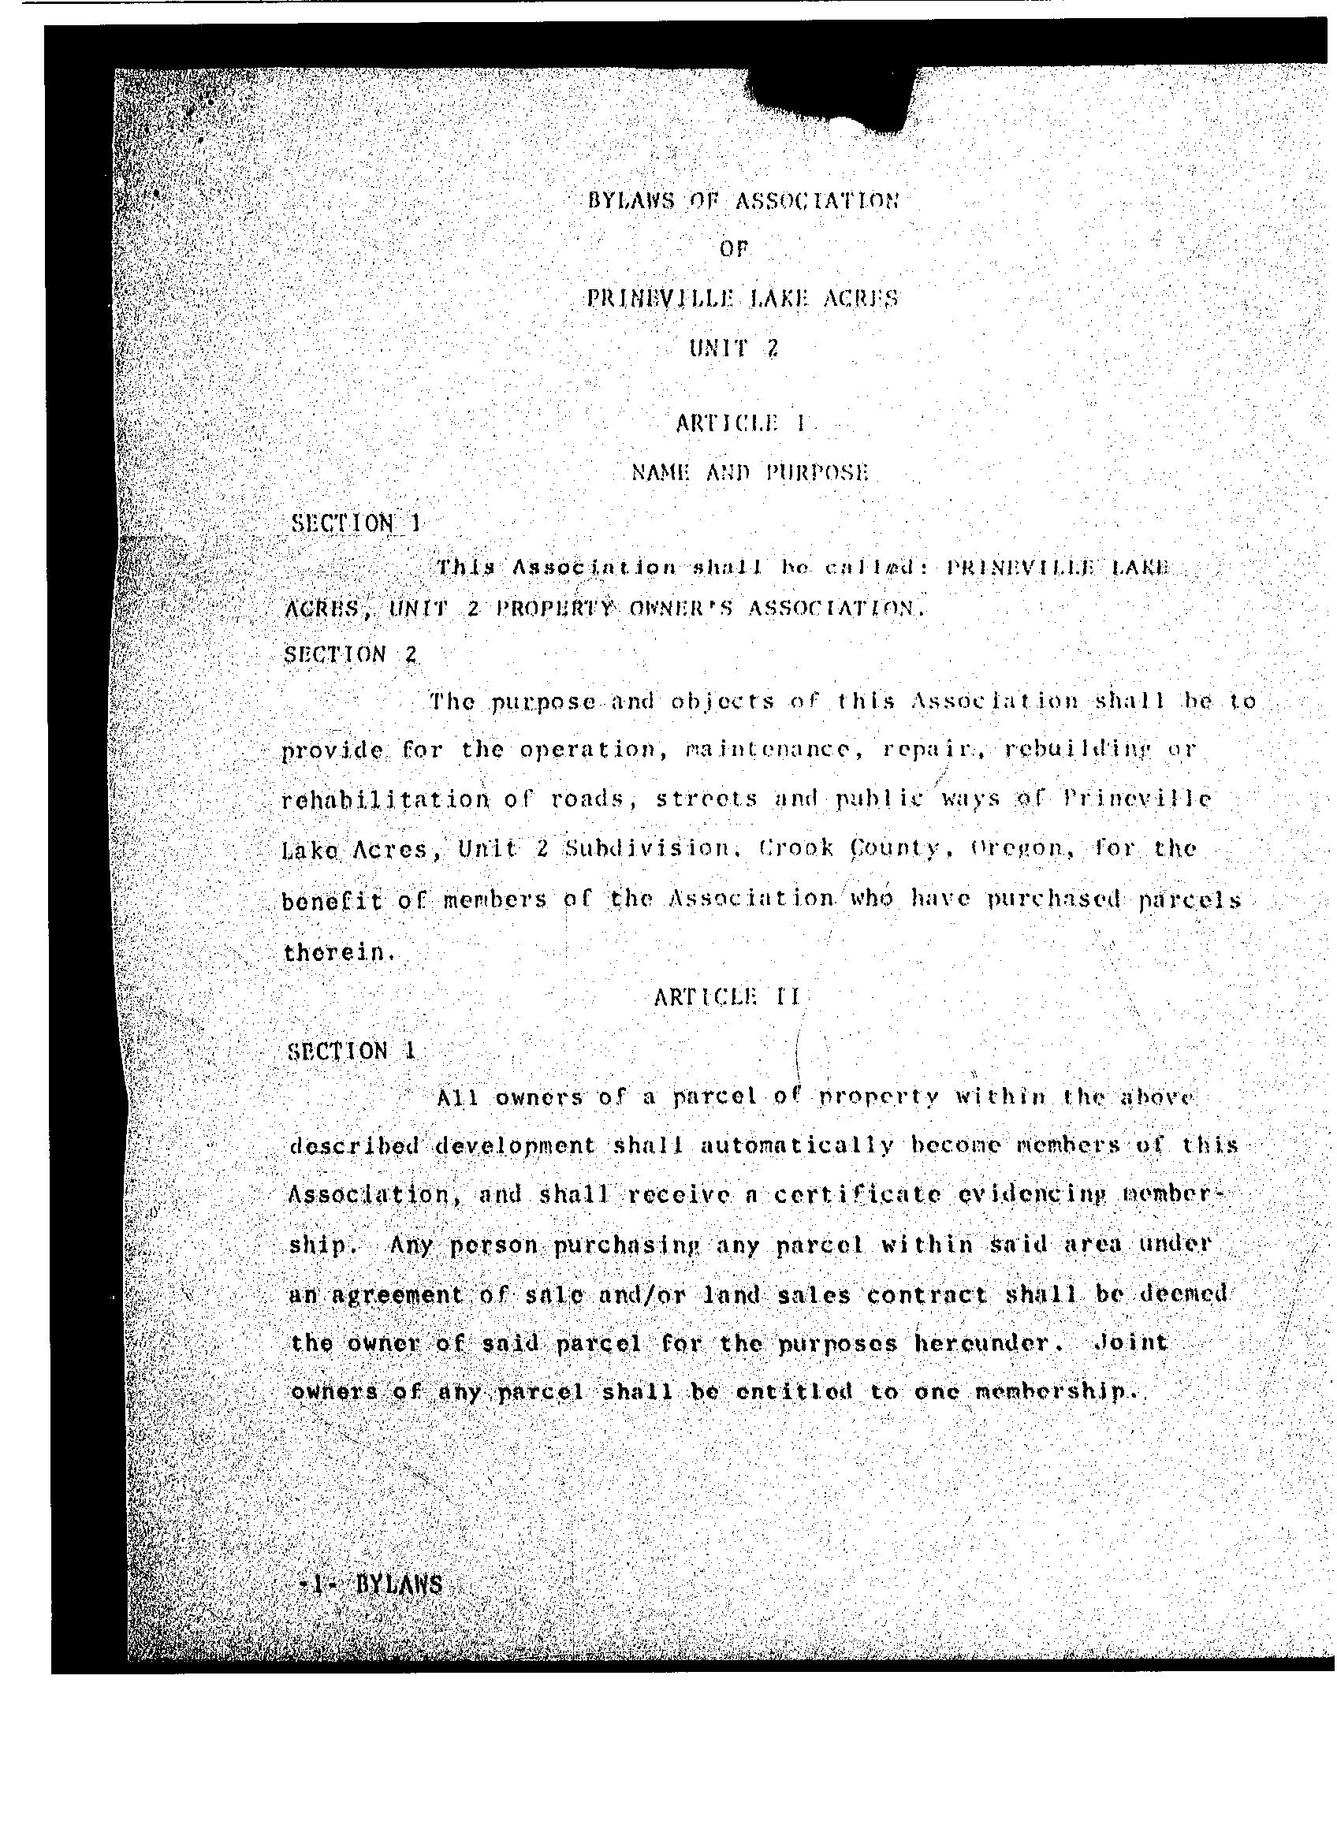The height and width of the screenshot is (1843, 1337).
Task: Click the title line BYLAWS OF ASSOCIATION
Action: point(743,201)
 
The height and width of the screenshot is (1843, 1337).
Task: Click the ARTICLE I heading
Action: point(740,423)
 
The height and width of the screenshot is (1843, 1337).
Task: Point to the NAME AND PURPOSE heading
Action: point(750,472)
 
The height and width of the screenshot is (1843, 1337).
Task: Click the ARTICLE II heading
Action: point(728,996)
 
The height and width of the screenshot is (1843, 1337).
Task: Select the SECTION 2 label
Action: point(350,654)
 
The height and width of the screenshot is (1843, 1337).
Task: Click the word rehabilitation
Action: point(385,799)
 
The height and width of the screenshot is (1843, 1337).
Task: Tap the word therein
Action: point(338,951)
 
